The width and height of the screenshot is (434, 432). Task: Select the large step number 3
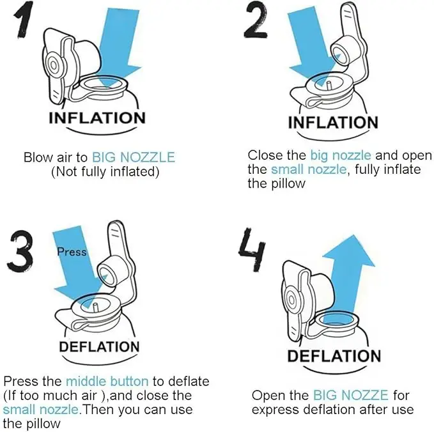[20, 251]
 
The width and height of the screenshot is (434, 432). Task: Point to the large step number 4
[252, 249]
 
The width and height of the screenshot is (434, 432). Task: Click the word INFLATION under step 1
[97, 118]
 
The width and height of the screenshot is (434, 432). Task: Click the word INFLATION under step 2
[333, 123]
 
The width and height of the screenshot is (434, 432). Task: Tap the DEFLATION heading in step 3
[99, 347]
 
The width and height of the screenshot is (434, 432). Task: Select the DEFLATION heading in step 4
[334, 356]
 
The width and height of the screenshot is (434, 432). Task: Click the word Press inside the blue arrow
[72, 252]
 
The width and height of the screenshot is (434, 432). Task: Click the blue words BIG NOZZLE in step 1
[134, 157]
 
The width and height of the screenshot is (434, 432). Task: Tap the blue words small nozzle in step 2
[309, 169]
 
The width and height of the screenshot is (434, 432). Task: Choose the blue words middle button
[107, 382]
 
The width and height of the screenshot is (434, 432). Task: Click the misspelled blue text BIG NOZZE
[351, 395]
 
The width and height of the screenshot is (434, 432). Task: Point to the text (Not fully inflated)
[105, 171]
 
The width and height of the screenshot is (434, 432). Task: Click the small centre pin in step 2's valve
[329, 85]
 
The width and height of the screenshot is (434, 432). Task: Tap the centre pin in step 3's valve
[95, 308]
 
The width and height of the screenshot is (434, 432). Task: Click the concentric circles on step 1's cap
[54, 65]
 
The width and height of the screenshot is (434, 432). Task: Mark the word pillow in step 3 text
[43, 424]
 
